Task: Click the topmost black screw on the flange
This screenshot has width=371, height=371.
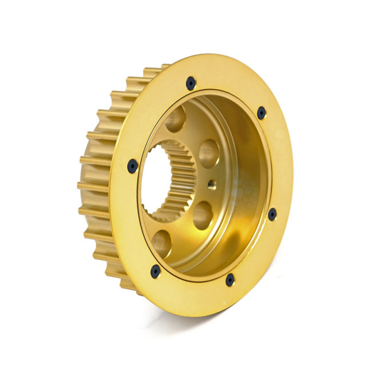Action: point(191,83)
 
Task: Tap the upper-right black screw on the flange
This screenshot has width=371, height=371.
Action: point(262,113)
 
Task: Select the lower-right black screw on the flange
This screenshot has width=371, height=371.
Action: point(272,214)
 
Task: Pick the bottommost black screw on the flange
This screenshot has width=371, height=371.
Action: point(230,280)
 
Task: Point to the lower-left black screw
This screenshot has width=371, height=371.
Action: point(155,271)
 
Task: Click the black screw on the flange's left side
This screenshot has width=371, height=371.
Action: point(133,166)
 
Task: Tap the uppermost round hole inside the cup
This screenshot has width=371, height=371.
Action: point(176,119)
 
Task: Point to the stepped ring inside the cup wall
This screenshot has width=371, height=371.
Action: point(241,185)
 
